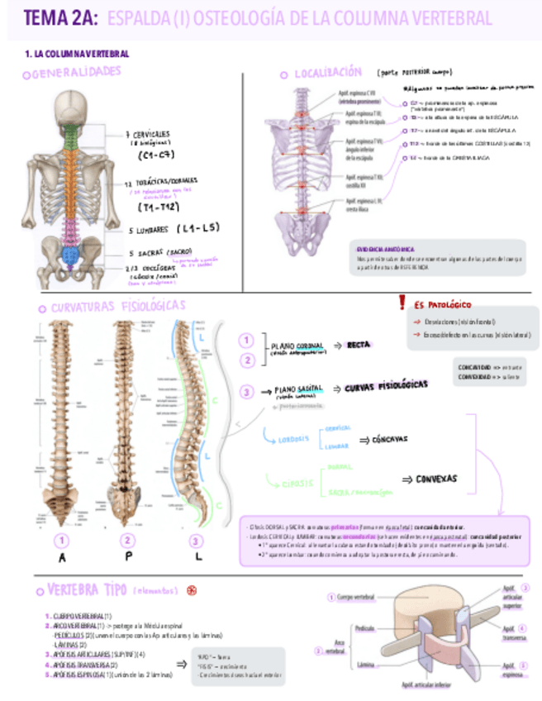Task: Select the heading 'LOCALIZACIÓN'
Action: pos(327,73)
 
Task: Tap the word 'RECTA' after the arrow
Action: pos(359,345)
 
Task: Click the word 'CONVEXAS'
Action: pos(429,479)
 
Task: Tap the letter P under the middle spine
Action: pos(127,558)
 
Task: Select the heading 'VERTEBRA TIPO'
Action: pos(87,591)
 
